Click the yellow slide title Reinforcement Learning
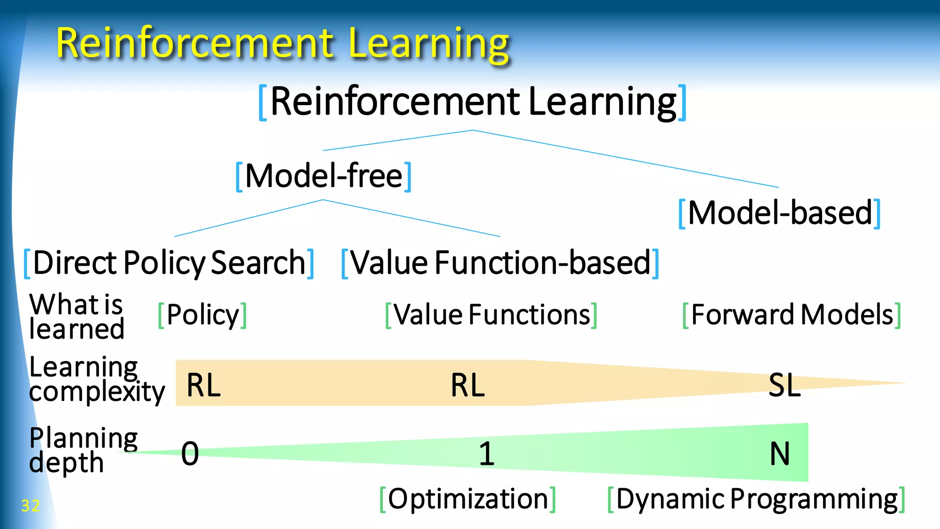tap(282, 44)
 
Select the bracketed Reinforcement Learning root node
tap(473, 102)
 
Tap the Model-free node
tap(323, 176)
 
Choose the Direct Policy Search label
tap(169, 263)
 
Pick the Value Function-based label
tap(500, 263)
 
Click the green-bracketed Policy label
tap(202, 315)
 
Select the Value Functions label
tap(491, 315)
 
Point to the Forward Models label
tap(792, 315)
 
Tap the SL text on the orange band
tap(784, 385)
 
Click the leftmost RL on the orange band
tap(203, 385)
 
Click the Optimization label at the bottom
tap(468, 499)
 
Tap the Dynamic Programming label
tap(756, 499)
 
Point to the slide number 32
tap(30, 506)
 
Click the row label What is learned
tap(76, 317)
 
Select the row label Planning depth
tap(83, 450)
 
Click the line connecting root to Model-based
tap(624, 158)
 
